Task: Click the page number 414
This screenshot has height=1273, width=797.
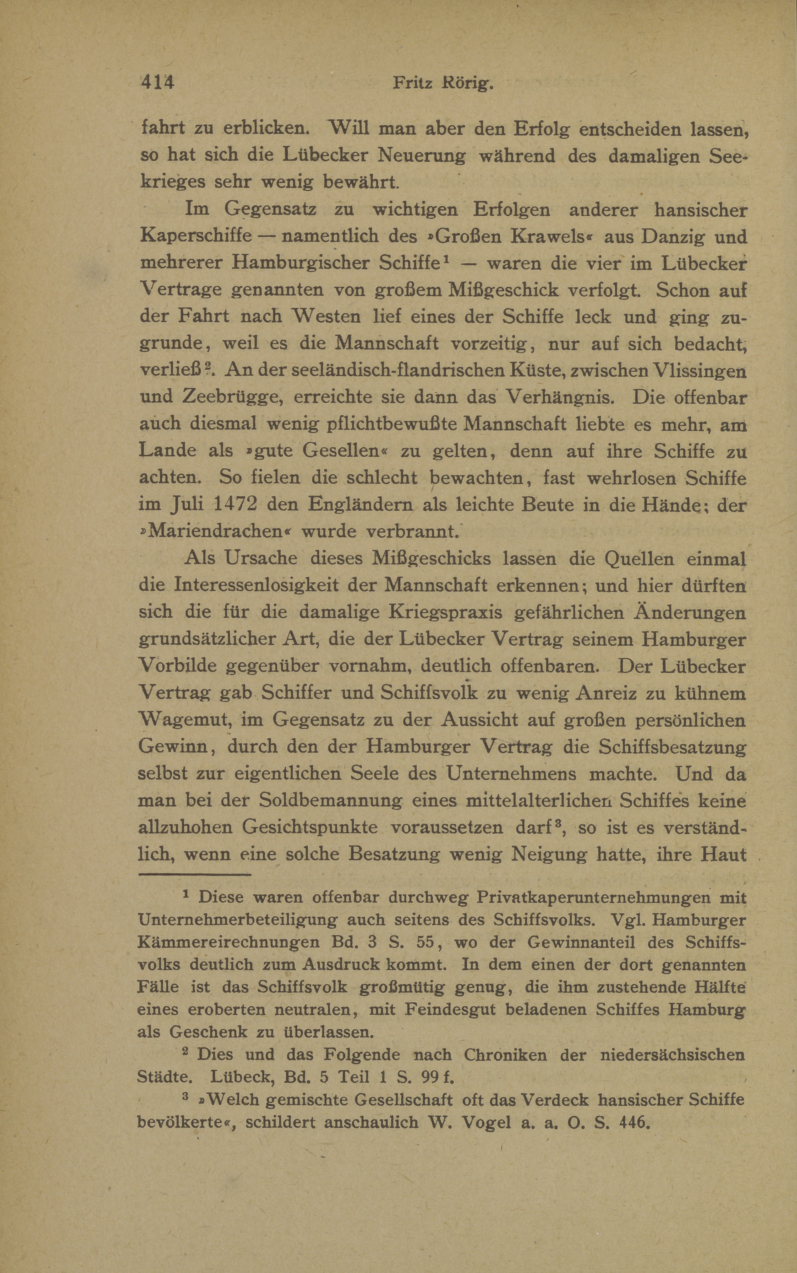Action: [x=157, y=83]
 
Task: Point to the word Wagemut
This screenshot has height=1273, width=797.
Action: [x=185, y=720]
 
